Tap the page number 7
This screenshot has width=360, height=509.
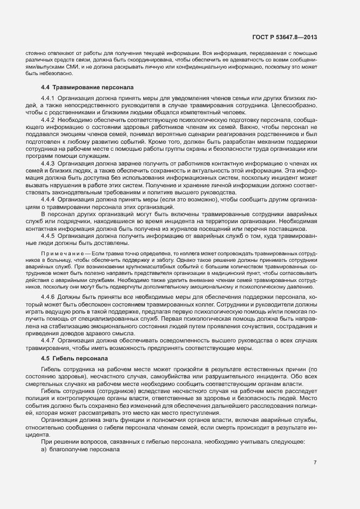coord(315,462)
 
